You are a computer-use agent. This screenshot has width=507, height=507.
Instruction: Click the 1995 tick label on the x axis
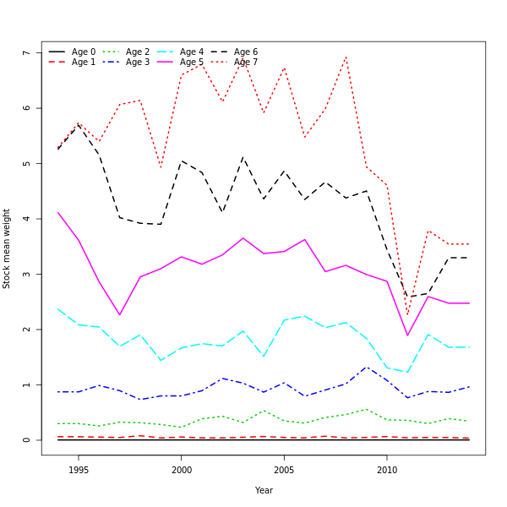click(79, 470)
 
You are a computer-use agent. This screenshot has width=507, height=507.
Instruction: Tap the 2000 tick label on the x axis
click(181, 470)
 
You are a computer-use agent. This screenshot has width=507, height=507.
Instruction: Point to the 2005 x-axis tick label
click(284, 470)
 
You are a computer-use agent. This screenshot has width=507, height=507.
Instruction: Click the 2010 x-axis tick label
click(387, 470)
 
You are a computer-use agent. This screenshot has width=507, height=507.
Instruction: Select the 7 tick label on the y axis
click(27, 53)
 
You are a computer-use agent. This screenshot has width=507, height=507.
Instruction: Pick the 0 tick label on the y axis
click(27, 440)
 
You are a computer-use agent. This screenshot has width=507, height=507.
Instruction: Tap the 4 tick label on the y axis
click(27, 219)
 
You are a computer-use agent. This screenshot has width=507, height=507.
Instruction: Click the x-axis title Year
click(264, 490)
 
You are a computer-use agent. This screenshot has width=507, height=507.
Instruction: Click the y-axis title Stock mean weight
click(7, 248)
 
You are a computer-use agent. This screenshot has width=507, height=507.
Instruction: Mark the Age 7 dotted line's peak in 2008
click(346, 57)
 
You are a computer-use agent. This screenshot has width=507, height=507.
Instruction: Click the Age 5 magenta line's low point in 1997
click(120, 315)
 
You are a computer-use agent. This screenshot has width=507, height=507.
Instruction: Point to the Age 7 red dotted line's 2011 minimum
click(407, 315)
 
